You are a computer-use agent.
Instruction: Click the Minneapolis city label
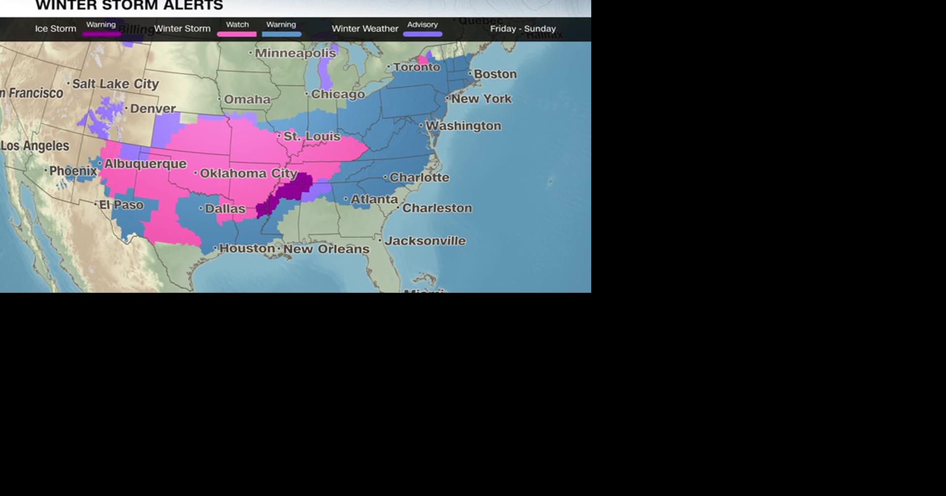[295, 53]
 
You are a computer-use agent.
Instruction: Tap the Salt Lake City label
[115, 84]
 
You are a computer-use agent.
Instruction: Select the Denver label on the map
[153, 109]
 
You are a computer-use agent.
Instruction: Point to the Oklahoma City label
[248, 173]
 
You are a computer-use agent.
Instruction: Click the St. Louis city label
[311, 136]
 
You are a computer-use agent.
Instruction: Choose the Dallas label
[225, 209]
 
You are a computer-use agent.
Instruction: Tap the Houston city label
[247, 248]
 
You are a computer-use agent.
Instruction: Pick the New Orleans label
[326, 249]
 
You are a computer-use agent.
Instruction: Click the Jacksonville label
[425, 241]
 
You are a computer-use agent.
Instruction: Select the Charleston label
[437, 208]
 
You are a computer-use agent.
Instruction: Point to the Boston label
[495, 74]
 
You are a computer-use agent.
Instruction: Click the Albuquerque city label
[145, 164]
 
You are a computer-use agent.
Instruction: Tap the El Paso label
[121, 205]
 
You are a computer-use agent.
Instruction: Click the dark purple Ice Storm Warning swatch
[101, 34]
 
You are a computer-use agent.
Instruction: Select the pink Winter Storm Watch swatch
[237, 34]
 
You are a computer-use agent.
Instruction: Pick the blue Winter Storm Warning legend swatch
[281, 34]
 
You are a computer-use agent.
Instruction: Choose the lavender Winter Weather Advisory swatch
[422, 34]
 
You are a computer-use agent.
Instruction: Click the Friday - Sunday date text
[523, 29]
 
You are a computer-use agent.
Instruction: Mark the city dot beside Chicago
[307, 93]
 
